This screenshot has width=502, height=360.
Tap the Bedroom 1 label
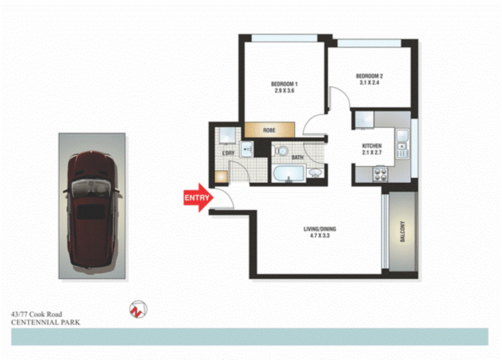point(284,84)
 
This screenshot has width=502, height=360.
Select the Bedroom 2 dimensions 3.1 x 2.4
point(369,83)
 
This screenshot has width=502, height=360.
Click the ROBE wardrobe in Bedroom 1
point(269,130)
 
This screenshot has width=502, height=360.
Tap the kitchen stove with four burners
point(380,175)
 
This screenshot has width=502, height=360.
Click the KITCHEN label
point(372,146)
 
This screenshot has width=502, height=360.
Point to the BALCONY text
point(402,231)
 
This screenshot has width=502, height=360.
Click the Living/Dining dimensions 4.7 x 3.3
point(319,236)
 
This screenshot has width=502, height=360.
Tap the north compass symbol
point(138,309)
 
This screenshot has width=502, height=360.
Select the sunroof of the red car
point(91,212)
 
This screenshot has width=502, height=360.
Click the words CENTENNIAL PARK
point(46,322)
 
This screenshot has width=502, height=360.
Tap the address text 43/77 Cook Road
point(37,314)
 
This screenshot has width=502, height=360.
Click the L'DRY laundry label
point(228,153)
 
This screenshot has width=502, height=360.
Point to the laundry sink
point(247,149)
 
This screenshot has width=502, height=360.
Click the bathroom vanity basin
point(315,173)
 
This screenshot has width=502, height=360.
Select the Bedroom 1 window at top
point(284,38)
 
